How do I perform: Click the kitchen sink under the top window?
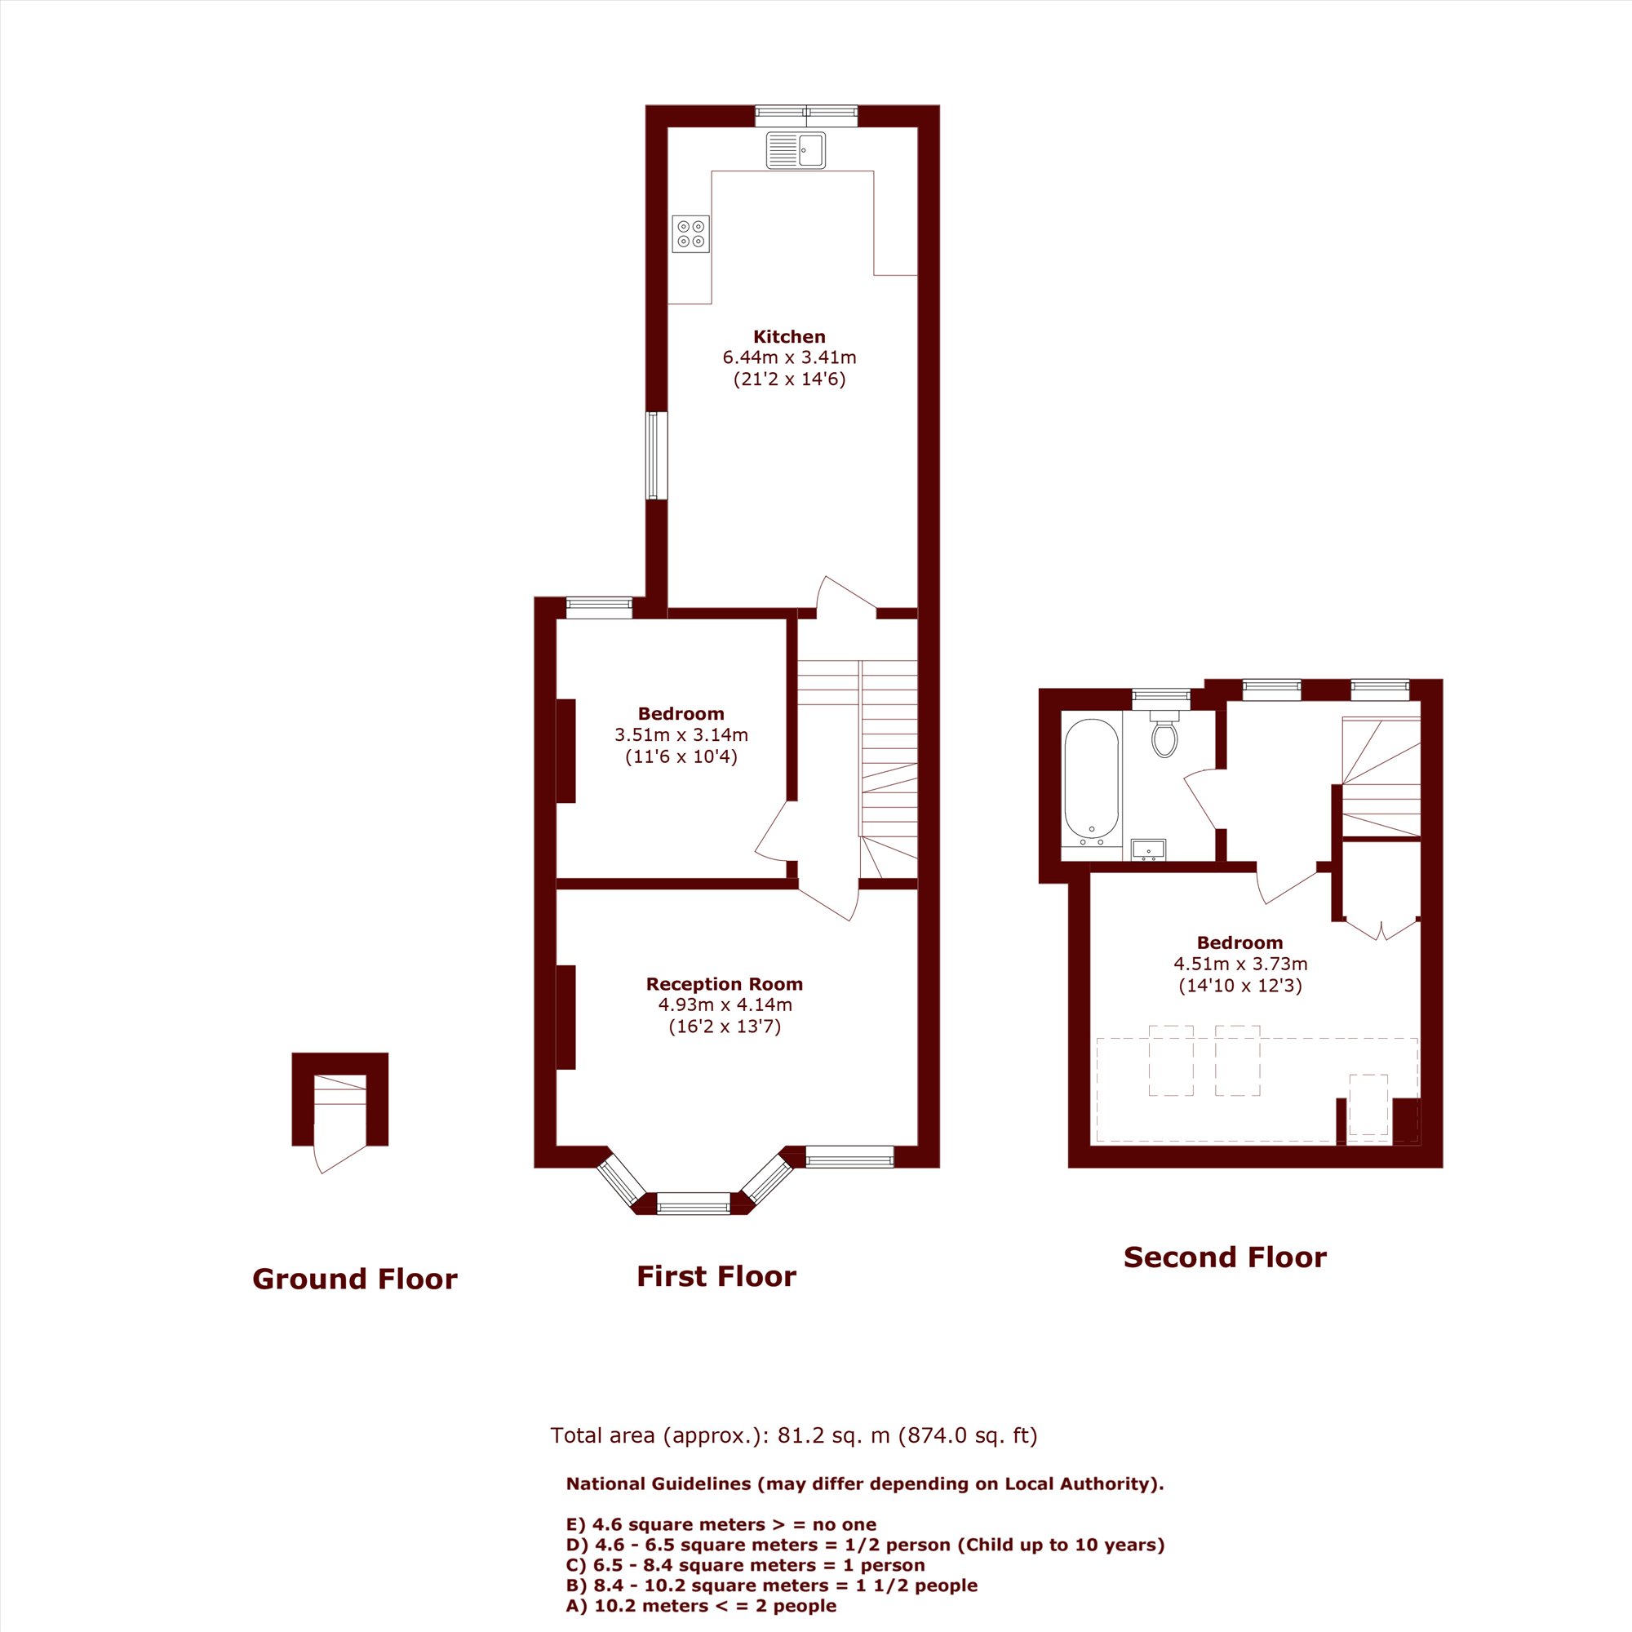pyautogui.click(x=796, y=150)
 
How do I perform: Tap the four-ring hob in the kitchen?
pyautogui.click(x=691, y=234)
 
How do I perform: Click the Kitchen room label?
pyautogui.click(x=789, y=336)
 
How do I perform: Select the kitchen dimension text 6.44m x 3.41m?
pyautogui.click(x=789, y=357)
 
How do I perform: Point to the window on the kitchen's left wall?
pyautogui.click(x=656, y=455)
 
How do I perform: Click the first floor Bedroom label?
pyautogui.click(x=681, y=714)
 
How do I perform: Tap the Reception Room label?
pyautogui.click(x=724, y=984)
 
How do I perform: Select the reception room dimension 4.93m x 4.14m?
pyautogui.click(x=725, y=1005)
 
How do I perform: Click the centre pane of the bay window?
pyautogui.click(x=694, y=1203)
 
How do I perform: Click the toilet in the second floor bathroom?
pyautogui.click(x=1164, y=734)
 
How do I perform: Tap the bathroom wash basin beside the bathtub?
pyautogui.click(x=1148, y=849)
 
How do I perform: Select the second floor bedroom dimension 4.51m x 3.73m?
pyautogui.click(x=1240, y=964)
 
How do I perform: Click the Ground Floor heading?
pyautogui.click(x=355, y=1279)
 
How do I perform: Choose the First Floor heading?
pyautogui.click(x=716, y=1276)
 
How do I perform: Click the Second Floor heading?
pyautogui.click(x=1225, y=1257)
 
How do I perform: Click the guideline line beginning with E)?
pyautogui.click(x=721, y=1525)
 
